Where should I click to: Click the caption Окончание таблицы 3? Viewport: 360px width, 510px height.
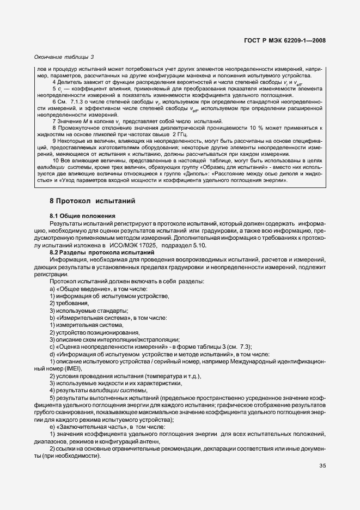[x=64, y=57]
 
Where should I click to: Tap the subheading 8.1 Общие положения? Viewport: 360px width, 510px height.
[x=82, y=216]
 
